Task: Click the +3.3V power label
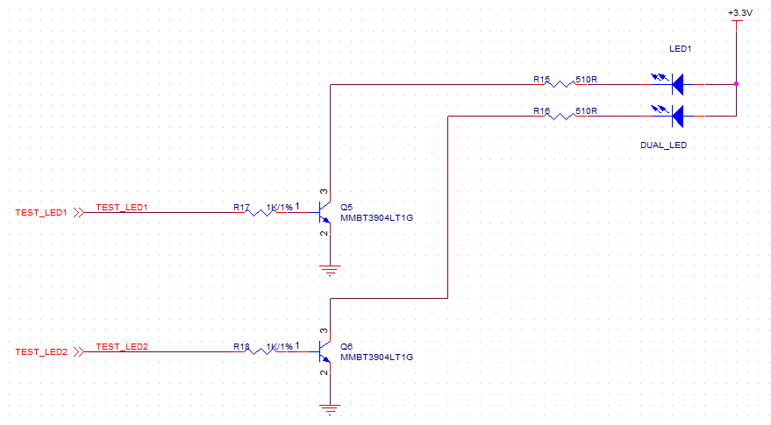739,13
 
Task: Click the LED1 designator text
680,49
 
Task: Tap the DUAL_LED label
663,145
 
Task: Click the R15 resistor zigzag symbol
560,84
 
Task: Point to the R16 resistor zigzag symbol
560,116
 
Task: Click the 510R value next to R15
586,79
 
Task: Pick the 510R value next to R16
586,111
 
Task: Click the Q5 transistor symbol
324,212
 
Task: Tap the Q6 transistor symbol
324,351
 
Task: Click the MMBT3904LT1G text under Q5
376,217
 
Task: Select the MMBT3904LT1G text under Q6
376,358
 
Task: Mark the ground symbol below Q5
330,270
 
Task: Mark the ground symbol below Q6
330,409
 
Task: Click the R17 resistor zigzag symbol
261,212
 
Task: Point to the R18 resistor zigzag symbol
261,351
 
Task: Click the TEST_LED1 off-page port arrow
79,212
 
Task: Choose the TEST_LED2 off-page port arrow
79,351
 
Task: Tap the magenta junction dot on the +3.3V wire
736,84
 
